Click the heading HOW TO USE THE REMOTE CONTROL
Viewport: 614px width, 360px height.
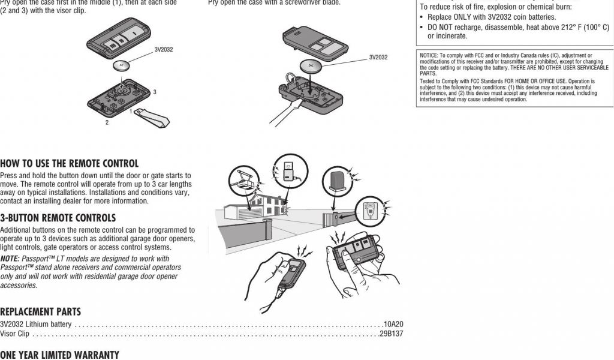(69, 163)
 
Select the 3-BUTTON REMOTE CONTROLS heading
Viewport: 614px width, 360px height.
(58, 218)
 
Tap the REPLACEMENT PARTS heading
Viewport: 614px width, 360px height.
(40, 312)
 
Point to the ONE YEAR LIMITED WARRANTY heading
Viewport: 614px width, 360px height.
(60, 355)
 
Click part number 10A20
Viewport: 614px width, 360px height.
(393, 325)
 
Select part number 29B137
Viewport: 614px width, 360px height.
(391, 334)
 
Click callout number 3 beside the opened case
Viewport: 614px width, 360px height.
(155, 92)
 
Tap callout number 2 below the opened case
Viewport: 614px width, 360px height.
(107, 122)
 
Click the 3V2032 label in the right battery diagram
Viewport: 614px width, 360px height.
(378, 58)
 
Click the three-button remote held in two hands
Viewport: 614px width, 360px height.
(356, 251)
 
